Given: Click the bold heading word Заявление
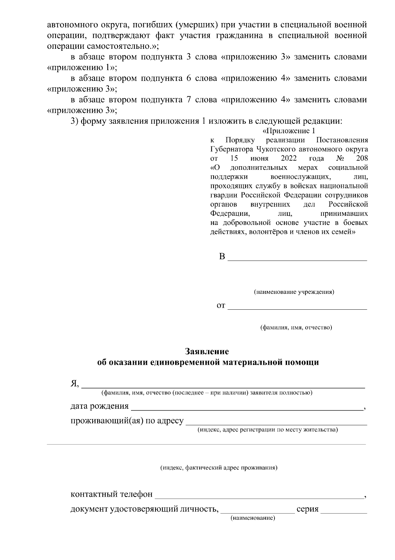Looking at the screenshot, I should click(207, 351).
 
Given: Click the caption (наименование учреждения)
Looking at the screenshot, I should click(294, 292).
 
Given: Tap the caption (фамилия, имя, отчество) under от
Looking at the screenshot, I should click(296, 327).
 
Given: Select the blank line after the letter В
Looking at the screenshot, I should click(298, 259).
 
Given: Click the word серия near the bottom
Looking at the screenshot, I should click(307, 509).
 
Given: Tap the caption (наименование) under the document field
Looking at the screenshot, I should click(252, 518).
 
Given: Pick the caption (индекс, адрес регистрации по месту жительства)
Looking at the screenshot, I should click(267, 430).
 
